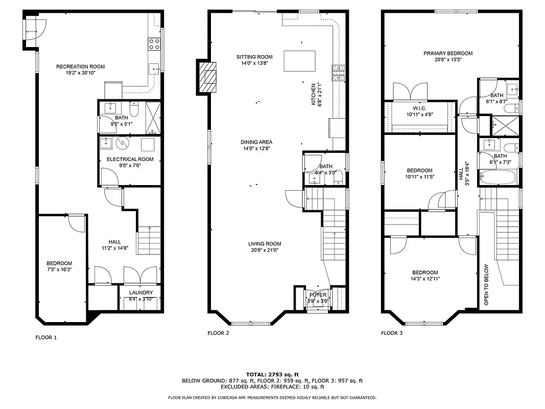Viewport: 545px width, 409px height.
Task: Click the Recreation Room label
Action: pyautogui.click(x=80, y=66)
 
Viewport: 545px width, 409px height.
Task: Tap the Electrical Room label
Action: pyautogui.click(x=130, y=160)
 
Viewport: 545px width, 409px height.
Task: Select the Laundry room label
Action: pyautogui.click(x=140, y=293)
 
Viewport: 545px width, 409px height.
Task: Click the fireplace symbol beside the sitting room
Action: pyautogui.click(x=208, y=77)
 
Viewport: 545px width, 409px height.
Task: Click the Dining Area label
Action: pyautogui.click(x=256, y=142)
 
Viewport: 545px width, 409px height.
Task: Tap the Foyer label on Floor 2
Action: pyautogui.click(x=317, y=295)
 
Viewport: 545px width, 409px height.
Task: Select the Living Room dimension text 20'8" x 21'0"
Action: pyautogui.click(x=265, y=251)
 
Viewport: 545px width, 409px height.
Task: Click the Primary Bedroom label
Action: pyautogui.click(x=447, y=53)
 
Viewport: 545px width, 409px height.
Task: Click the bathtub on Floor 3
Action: pyautogui.click(x=497, y=177)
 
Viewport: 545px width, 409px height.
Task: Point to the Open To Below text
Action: pyautogui.click(x=486, y=284)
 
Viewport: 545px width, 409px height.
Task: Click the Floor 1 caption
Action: pyautogui.click(x=46, y=337)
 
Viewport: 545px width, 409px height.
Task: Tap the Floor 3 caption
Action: pyautogui.click(x=392, y=333)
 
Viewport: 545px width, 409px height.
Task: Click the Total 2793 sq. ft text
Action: pyautogui.click(x=272, y=374)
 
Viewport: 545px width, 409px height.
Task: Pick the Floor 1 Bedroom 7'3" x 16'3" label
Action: pyautogui.click(x=59, y=263)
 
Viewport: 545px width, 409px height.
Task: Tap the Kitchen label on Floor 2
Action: pyautogui.click(x=314, y=95)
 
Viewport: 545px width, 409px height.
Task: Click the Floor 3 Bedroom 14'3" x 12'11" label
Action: pyautogui.click(x=425, y=272)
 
